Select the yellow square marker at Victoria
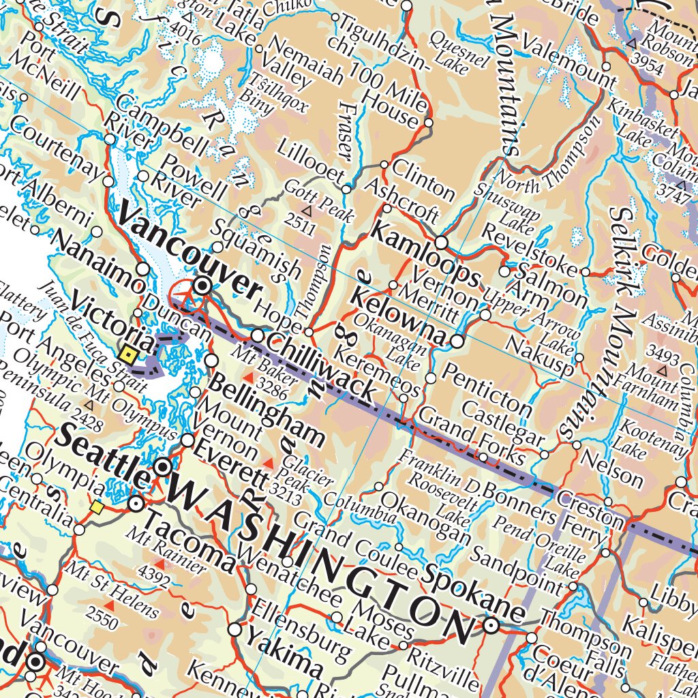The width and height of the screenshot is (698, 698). point(127,354)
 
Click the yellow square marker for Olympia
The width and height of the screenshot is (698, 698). point(97,507)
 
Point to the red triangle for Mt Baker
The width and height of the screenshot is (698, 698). point(249,377)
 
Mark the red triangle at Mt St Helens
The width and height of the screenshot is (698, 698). point(109,605)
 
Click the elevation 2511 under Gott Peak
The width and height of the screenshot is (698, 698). point(300,223)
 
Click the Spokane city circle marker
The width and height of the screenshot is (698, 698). point(491,625)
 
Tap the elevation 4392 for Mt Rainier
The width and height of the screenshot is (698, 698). point(155,577)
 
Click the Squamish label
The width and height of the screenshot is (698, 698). point(257,249)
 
